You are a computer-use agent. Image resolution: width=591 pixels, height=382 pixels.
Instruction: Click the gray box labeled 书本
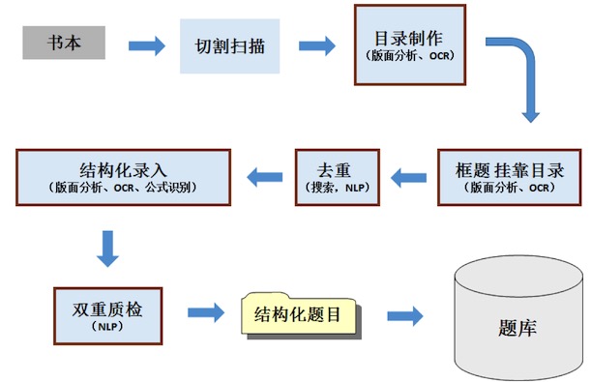(x=64, y=44)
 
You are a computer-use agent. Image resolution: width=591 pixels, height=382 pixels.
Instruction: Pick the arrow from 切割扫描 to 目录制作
(x=315, y=44)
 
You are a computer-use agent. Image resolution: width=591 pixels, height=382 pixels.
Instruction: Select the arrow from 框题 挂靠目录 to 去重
(x=407, y=176)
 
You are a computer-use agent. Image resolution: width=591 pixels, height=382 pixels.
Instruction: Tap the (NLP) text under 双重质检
(x=106, y=328)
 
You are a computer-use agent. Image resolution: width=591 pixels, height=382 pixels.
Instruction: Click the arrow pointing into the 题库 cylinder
(x=404, y=315)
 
